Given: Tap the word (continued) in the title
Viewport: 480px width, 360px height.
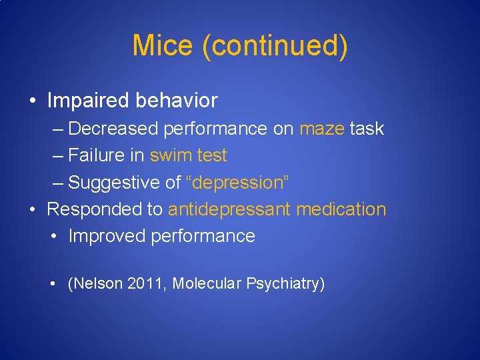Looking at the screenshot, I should [x=274, y=46].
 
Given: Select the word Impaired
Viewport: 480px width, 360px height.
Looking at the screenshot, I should [x=89, y=101].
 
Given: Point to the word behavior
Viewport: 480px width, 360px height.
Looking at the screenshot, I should [x=177, y=101].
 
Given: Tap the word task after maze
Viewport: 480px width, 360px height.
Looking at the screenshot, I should [x=367, y=129].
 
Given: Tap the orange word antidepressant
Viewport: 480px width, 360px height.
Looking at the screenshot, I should [x=229, y=209].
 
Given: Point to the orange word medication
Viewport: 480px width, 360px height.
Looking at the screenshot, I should [x=341, y=209].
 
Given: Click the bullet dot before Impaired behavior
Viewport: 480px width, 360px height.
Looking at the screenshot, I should [x=33, y=101].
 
